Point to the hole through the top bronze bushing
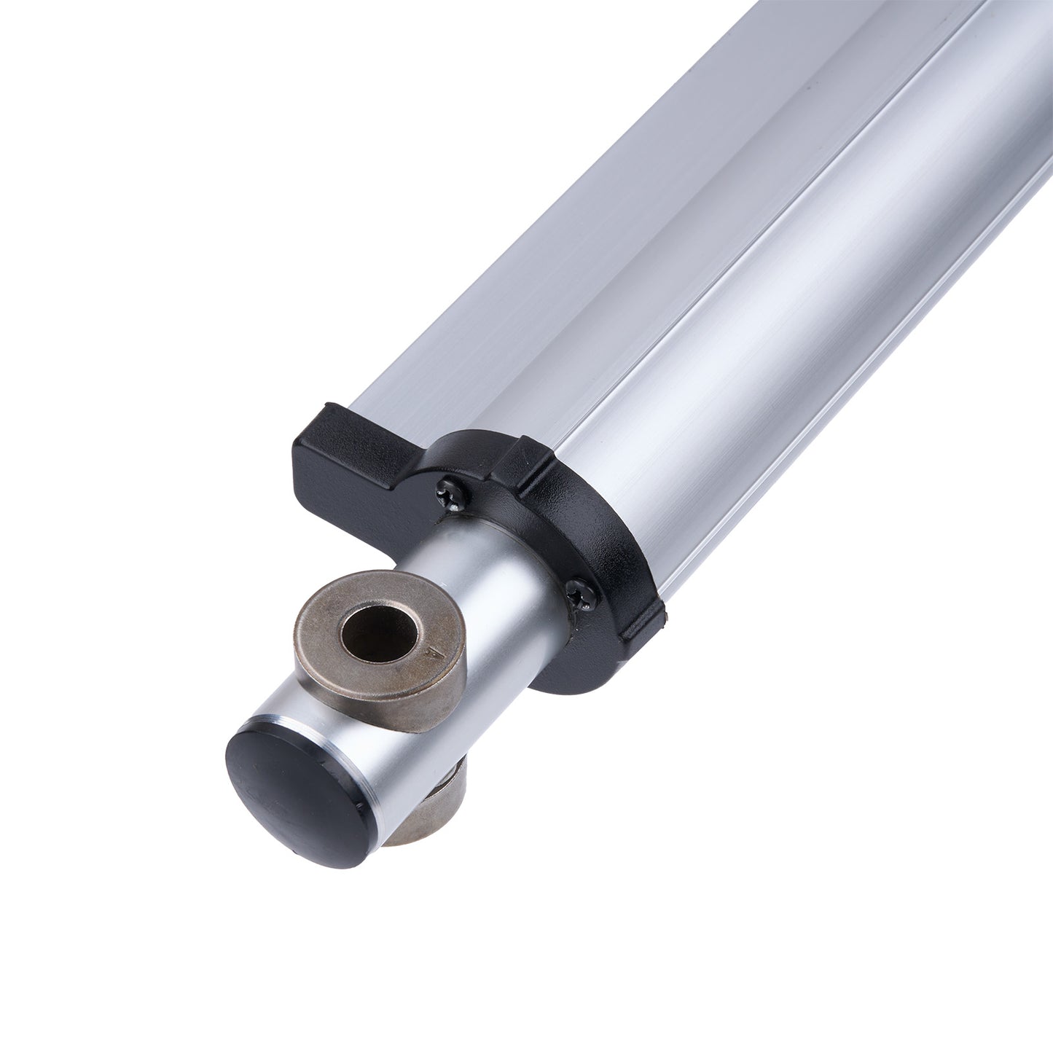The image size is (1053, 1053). tap(378, 627)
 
